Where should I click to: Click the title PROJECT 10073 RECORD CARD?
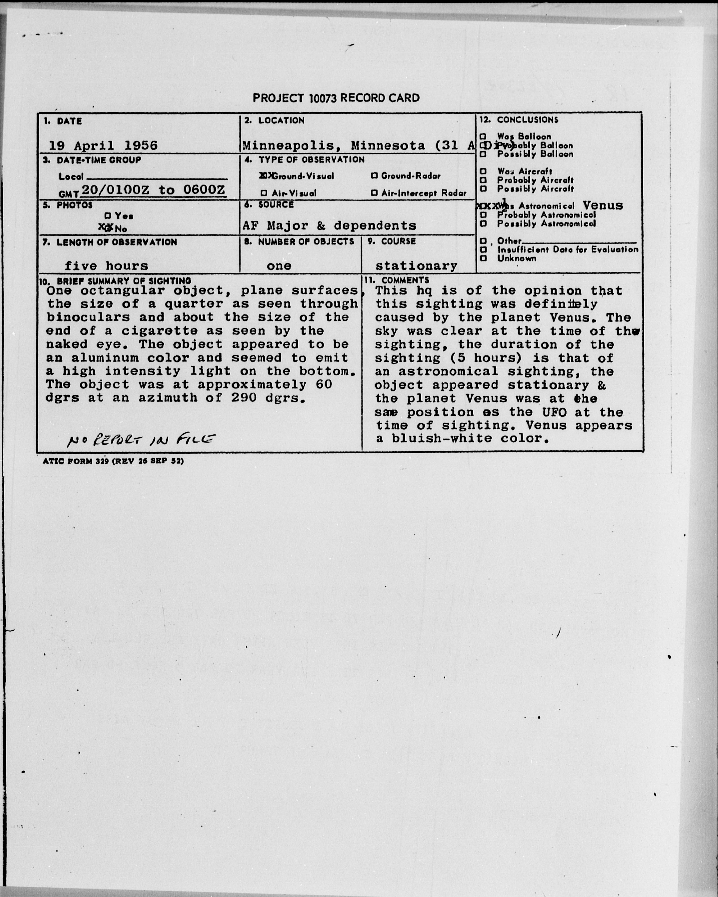pos(336,98)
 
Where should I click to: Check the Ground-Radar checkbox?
pos(374,176)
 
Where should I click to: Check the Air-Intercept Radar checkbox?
pos(374,193)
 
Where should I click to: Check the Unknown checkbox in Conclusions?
pos(483,258)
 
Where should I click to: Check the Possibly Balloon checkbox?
pos(483,154)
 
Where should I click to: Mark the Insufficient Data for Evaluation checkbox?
pos(483,250)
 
